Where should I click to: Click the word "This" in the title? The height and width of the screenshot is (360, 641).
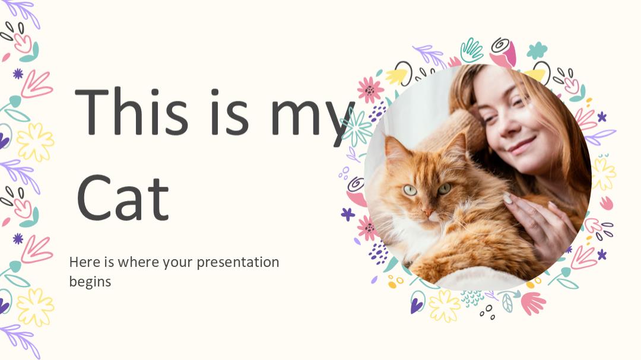coord(131,111)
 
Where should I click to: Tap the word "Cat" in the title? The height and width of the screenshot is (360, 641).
coord(123,197)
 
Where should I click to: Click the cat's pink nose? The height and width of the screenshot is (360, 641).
coord(427,213)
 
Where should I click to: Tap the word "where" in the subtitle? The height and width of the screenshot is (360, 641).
coord(138,262)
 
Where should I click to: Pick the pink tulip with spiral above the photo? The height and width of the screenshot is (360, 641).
coord(503,53)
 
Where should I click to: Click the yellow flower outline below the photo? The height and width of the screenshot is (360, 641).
coord(444,305)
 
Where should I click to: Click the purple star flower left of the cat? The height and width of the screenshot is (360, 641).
coord(348,214)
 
